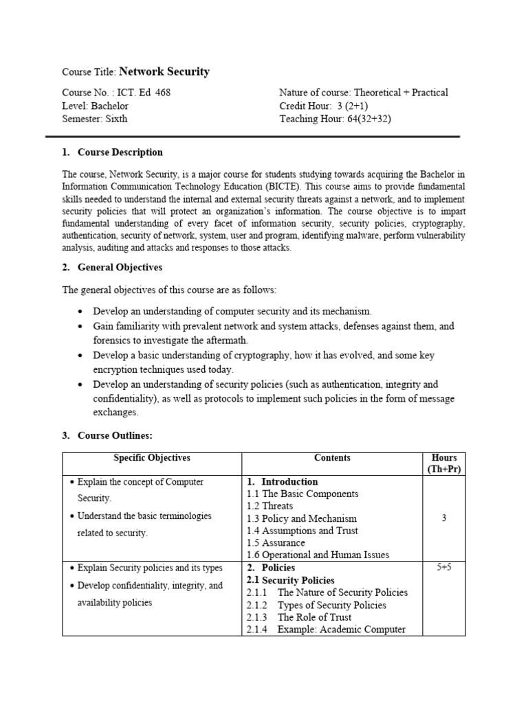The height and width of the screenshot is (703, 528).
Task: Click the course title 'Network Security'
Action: (164, 71)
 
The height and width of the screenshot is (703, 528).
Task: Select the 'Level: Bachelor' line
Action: (95, 106)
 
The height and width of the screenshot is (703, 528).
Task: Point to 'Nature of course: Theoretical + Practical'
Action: (363, 93)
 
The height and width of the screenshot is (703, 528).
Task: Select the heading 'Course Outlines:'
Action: (115, 435)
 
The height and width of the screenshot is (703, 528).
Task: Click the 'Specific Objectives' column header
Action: (151, 458)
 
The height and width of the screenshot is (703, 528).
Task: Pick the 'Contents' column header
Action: (332, 458)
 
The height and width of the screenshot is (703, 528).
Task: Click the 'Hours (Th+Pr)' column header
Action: (443, 463)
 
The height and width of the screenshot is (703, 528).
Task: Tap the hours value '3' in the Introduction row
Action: (443, 518)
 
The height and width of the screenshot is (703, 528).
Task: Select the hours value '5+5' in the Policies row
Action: (443, 568)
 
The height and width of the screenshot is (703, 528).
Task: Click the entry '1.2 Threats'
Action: (269, 506)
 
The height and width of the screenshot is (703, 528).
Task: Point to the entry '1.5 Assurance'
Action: (275, 543)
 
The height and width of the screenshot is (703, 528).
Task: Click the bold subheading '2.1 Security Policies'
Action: (290, 580)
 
